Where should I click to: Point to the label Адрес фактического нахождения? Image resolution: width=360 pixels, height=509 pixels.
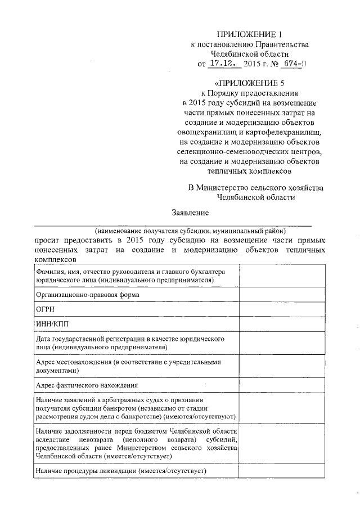tap(87, 385)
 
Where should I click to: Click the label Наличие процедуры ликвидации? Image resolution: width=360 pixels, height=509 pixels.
tap(121, 471)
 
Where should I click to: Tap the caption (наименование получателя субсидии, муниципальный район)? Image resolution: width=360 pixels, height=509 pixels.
tap(191, 231)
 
